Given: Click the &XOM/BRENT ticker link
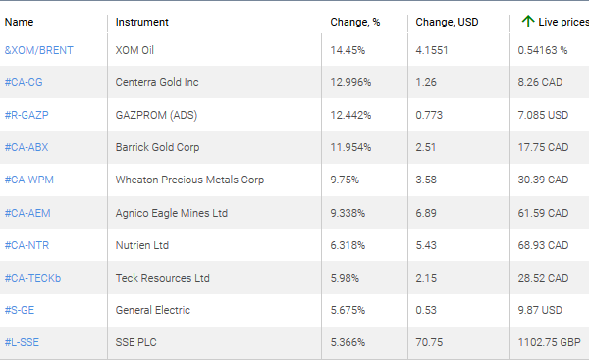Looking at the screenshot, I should (x=39, y=49).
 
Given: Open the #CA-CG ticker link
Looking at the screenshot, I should (x=24, y=82).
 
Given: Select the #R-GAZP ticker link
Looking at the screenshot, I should (x=27, y=115).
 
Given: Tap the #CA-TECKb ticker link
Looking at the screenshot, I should (x=32, y=278).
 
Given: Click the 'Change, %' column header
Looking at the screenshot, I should (x=353, y=22).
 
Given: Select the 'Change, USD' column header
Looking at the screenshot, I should (x=448, y=22).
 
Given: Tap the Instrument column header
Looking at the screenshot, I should (x=141, y=22).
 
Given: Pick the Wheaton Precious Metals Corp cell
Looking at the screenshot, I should (x=189, y=180).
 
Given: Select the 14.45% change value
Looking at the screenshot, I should (x=348, y=49).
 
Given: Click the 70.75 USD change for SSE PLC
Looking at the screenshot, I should (x=429, y=342).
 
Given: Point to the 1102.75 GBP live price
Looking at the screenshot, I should (x=550, y=342).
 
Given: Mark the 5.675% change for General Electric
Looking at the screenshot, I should (x=350, y=310).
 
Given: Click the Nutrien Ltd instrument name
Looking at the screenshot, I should (x=142, y=244).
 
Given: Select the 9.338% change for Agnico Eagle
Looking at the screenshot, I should (x=351, y=212).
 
